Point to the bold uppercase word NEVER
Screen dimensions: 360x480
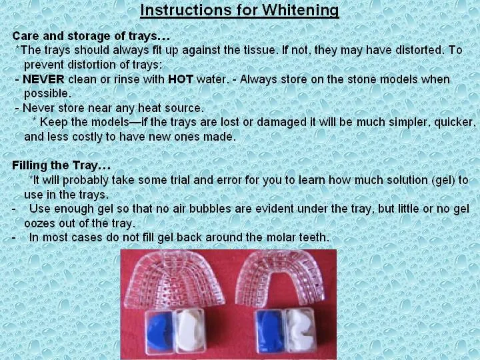(43, 79)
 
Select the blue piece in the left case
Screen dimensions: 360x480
(160, 330)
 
